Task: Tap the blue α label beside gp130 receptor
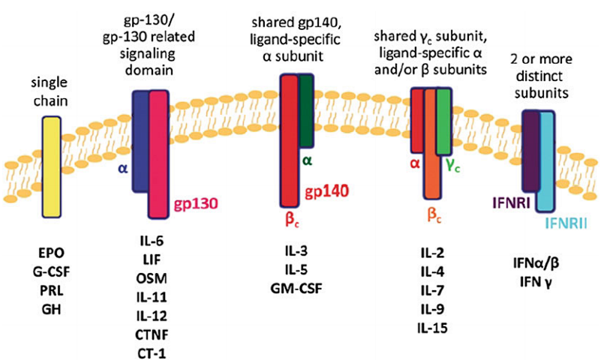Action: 123,169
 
